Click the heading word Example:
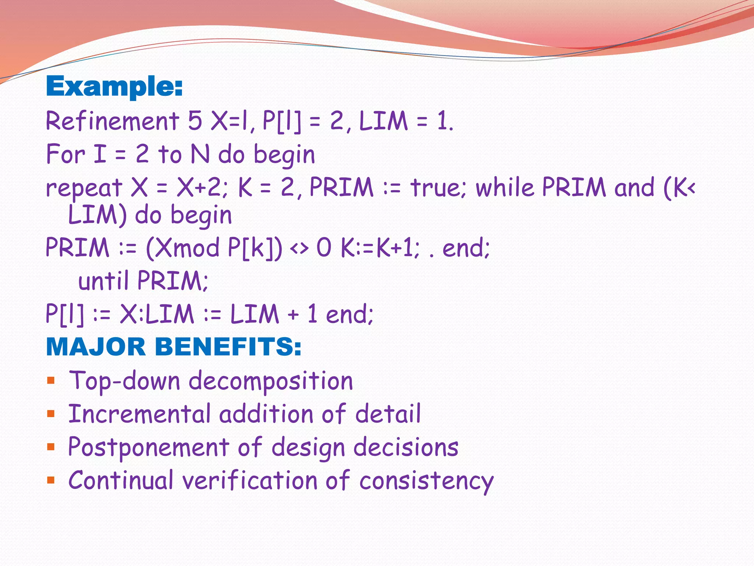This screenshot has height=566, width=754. (x=114, y=87)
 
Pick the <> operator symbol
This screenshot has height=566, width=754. (x=299, y=248)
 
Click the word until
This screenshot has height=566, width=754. (x=103, y=281)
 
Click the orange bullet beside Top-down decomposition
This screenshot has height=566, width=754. (x=51, y=381)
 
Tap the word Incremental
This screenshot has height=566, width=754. (x=139, y=414)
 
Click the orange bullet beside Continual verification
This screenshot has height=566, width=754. (x=51, y=480)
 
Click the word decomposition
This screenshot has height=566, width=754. (x=271, y=381)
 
